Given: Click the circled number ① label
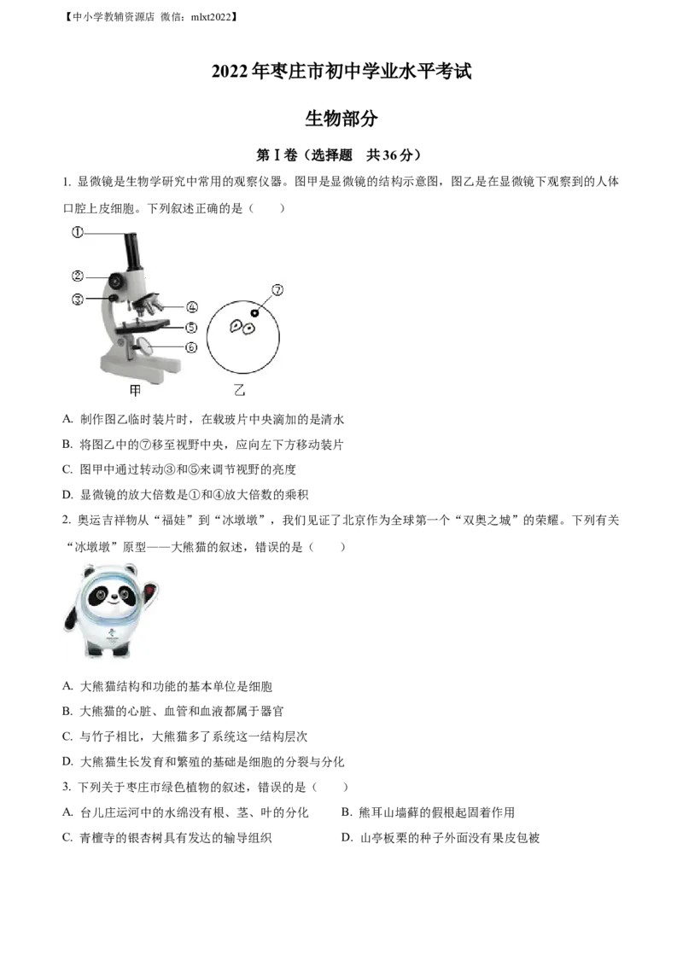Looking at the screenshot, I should coord(77,231).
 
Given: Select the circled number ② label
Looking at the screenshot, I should coord(77,276).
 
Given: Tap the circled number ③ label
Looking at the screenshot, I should coord(77,299).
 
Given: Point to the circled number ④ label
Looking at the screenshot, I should coord(192,306).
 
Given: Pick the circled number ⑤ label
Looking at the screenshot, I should coord(192,327).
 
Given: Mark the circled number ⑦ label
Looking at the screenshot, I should coord(276,290).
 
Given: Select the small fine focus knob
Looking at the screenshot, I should coord(111,298).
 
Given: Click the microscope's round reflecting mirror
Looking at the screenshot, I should coord(146,345).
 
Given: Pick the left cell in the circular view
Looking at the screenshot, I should coord(234,326).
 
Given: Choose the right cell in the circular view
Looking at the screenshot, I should coord(249,328).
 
